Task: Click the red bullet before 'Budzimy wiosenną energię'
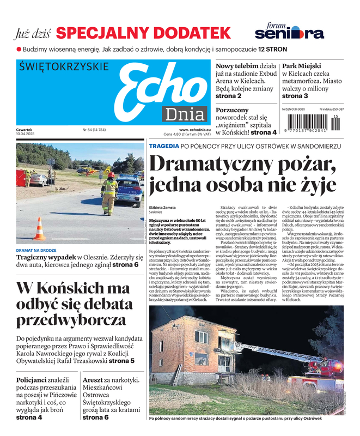[19, 49]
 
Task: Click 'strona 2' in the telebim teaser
[229, 96]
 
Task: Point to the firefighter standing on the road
[109, 194]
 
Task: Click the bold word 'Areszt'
[95, 380]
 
